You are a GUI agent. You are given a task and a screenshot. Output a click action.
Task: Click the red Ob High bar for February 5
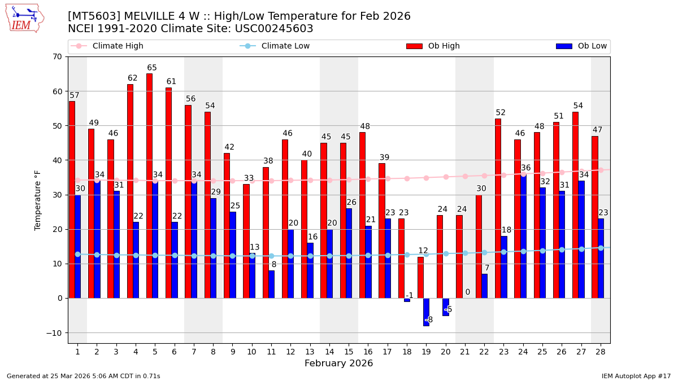[x=149, y=186]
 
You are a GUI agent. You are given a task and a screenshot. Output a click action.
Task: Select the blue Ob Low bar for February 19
[x=426, y=312]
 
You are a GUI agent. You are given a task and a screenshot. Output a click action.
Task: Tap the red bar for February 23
[x=498, y=208]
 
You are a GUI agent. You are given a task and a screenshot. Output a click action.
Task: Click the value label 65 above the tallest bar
[x=152, y=68]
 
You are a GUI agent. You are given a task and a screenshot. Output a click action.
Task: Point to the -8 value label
[x=429, y=320]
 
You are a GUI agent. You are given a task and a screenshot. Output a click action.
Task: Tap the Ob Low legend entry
[x=592, y=46]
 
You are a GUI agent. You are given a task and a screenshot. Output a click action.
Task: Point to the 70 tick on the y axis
[x=57, y=56]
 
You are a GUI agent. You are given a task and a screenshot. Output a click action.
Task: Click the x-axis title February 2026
[x=338, y=364]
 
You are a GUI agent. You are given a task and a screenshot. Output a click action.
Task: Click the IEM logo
[x=24, y=18]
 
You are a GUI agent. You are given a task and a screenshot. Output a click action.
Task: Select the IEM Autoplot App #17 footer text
[x=636, y=376]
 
